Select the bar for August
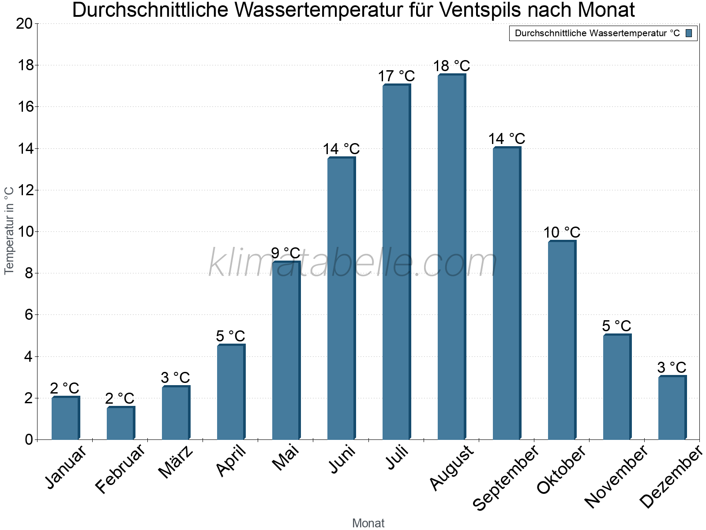[451, 257]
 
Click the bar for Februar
[120, 423]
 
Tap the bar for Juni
[341, 299]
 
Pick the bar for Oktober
[561, 340]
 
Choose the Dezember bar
[672, 408]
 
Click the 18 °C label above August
[451, 66]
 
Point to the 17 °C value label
[396, 76]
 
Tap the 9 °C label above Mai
[285, 254]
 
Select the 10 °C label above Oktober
[562, 233]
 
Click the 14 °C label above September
[507, 139]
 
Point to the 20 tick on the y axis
[24, 24]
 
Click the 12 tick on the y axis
[24, 190]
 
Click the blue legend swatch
[689, 33]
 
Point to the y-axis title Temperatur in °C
[9, 231]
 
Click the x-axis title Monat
[368, 523]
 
